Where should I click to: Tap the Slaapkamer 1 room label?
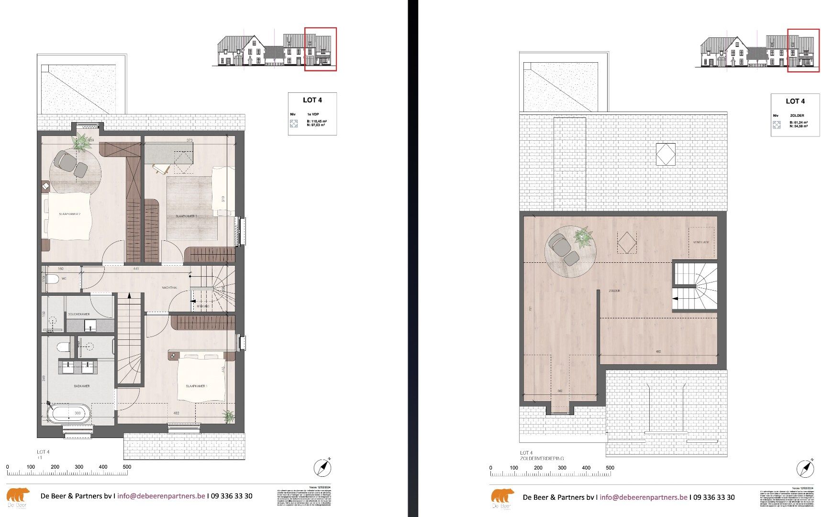click(196, 386)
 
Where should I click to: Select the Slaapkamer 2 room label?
click(69, 214)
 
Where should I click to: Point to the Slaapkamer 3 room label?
click(186, 216)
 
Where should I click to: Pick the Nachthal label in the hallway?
click(169, 288)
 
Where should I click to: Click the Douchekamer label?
click(78, 314)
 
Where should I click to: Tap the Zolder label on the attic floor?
click(614, 291)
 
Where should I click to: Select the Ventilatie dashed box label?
click(701, 242)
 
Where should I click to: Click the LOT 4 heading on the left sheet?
click(312, 100)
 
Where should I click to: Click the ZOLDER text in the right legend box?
click(797, 115)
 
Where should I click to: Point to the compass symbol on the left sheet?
click(322, 467)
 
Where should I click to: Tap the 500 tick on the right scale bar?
click(610, 468)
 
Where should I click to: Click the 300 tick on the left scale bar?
click(79, 467)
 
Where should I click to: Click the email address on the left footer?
click(161, 496)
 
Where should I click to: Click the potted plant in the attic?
click(583, 237)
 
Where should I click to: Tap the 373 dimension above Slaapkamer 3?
click(189, 140)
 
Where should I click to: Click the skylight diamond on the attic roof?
click(665, 154)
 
